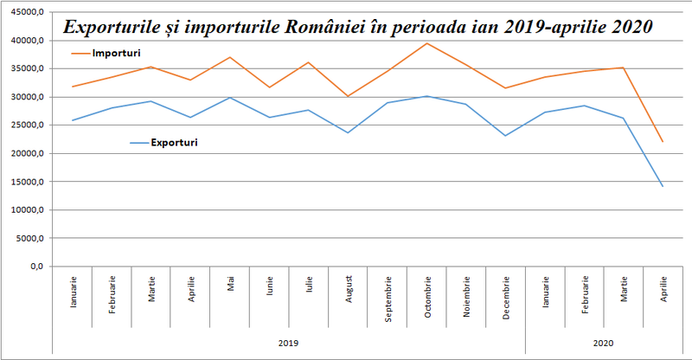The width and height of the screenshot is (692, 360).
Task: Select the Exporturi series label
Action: pyautogui.click(x=174, y=142)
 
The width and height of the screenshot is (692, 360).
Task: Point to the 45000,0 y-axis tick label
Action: pyautogui.click(x=24, y=13)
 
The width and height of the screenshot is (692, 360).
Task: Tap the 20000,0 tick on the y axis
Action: pyautogui.click(x=24, y=154)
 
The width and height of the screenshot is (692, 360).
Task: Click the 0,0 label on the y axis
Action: pyautogui.click(x=35, y=267)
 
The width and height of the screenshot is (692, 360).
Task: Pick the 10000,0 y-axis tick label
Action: pyautogui.click(x=24, y=210)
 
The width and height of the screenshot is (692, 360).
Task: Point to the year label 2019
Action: pyautogui.click(x=288, y=344)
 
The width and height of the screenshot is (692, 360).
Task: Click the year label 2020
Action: pyautogui.click(x=604, y=344)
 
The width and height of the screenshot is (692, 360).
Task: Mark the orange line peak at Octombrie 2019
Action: pyautogui.click(x=427, y=43)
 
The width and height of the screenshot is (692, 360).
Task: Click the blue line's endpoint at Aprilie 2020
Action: pyautogui.click(x=663, y=186)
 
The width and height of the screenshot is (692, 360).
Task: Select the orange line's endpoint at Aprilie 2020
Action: pyautogui.click(x=663, y=142)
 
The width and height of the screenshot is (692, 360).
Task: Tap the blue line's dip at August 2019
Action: pyautogui.click(x=349, y=132)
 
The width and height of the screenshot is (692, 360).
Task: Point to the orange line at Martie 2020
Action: pyautogui.click(x=624, y=67)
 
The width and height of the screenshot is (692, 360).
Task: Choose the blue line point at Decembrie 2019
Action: pyautogui.click(x=506, y=136)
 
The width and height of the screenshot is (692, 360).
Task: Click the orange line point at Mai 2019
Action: pyautogui.click(x=231, y=57)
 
